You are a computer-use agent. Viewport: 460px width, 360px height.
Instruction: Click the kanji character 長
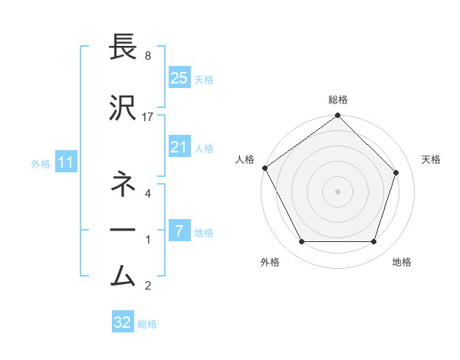(x=123, y=47)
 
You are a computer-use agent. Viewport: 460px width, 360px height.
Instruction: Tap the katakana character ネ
(x=123, y=183)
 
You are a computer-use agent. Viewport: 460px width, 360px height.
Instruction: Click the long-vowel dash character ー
(x=123, y=229)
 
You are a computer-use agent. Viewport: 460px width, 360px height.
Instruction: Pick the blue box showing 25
(x=179, y=77)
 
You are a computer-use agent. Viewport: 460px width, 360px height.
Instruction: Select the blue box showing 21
(x=179, y=147)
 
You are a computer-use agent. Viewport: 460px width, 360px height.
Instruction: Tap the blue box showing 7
(x=179, y=231)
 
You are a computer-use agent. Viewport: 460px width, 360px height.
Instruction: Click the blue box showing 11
(x=66, y=162)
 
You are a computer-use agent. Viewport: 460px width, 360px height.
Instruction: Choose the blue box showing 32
(x=123, y=322)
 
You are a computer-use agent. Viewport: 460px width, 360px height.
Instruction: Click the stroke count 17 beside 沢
(x=148, y=116)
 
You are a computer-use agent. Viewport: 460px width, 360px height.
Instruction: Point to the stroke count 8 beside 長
(x=148, y=56)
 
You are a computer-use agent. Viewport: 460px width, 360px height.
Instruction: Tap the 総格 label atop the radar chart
(x=338, y=100)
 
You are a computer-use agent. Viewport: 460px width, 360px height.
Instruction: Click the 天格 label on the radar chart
(x=431, y=159)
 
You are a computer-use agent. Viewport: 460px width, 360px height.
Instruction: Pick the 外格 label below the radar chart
(x=270, y=262)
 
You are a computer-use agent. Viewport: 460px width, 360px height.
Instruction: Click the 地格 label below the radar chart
(x=402, y=262)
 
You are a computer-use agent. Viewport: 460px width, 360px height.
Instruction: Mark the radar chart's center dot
(x=337, y=191)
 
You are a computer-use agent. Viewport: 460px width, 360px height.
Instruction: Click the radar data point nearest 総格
(x=337, y=116)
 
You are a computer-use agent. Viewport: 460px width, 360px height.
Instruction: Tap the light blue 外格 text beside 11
(x=41, y=163)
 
